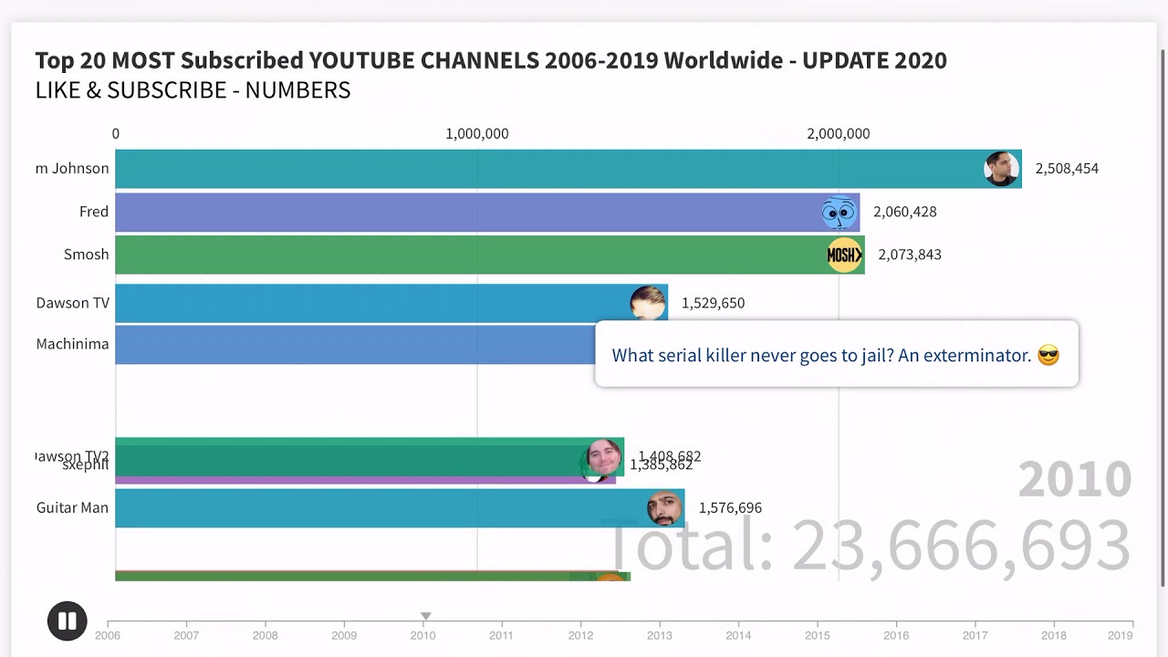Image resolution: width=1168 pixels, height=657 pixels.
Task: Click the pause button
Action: pos(67,621)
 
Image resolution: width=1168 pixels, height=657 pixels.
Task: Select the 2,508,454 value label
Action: pos(1066,169)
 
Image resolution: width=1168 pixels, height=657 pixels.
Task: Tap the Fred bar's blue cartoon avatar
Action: pos(839,213)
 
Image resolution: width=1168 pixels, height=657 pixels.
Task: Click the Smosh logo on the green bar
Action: pos(844,255)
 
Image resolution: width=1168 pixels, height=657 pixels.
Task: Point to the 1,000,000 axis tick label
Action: pos(476,134)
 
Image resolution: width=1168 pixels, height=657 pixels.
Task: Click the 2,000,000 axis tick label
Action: pos(838,134)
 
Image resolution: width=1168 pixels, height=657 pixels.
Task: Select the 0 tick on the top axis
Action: pos(116,134)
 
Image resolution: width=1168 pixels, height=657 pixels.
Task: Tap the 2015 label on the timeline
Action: pos(818,635)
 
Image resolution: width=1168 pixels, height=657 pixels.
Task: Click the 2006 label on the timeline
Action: pos(108,635)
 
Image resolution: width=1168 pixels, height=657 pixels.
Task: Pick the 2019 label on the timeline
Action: pos(1120,635)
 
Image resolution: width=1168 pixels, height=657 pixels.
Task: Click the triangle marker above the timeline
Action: pos(425,617)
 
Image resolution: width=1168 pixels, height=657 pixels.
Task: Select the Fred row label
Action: pos(93,212)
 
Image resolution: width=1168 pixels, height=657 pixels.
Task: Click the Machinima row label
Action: pos(72,344)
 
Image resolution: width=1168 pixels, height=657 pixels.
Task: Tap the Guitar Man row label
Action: pos(72,507)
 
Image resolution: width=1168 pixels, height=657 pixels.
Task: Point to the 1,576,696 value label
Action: pos(730,508)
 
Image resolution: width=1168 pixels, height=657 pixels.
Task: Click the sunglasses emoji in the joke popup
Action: pos(1048,356)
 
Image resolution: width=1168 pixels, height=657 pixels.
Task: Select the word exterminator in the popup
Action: pos(976,356)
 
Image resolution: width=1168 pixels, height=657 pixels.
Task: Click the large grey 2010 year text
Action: pos(1074,479)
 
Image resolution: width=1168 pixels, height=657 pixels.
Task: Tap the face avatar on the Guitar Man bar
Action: pos(665,508)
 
